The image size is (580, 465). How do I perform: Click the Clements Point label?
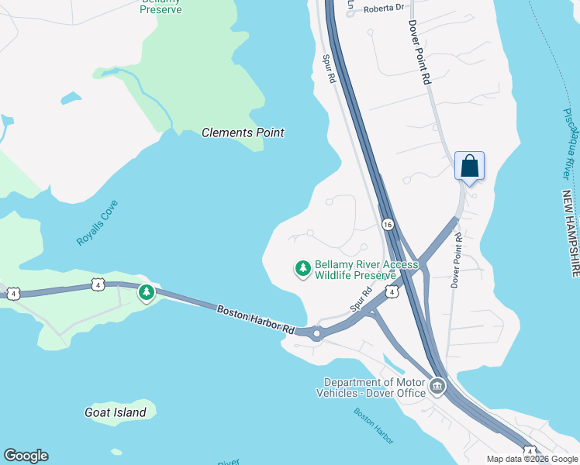click(x=243, y=133)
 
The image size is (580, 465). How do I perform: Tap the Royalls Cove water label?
click(x=97, y=223)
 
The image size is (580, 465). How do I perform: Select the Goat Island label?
click(x=115, y=412)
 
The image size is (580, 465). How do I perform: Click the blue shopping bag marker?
click(x=469, y=166)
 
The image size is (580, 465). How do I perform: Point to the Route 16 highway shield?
click(x=388, y=224)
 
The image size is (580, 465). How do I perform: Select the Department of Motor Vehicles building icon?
click(x=437, y=386)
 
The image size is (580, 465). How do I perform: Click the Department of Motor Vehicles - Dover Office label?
click(x=375, y=387)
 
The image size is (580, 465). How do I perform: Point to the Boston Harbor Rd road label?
click(x=256, y=319)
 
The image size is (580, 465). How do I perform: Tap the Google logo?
click(x=26, y=456)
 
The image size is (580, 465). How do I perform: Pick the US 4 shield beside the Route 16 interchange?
click(x=392, y=291)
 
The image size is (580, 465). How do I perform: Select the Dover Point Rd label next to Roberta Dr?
click(x=419, y=51)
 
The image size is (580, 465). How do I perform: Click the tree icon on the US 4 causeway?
click(x=147, y=293)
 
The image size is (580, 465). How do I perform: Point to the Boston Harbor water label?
click(x=374, y=425)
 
